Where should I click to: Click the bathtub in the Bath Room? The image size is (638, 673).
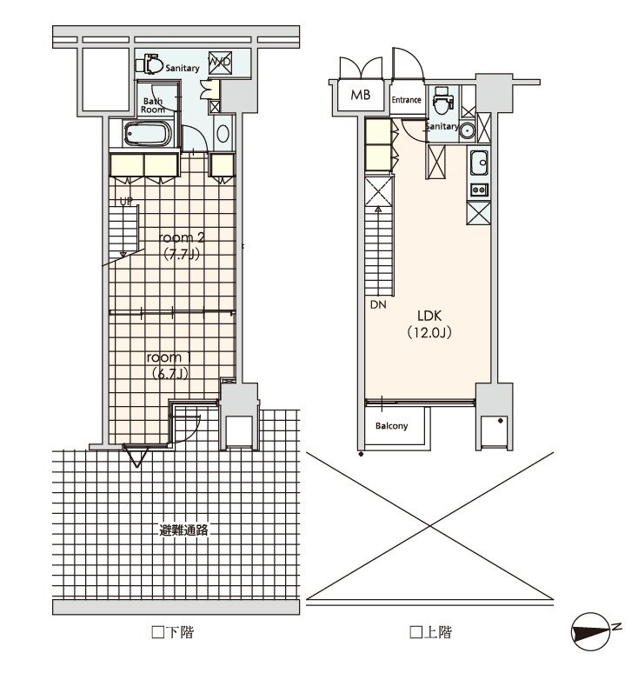[x=148, y=134]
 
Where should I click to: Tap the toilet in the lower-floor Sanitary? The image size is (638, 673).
[x=150, y=65]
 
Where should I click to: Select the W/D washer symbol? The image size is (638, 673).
[x=220, y=63]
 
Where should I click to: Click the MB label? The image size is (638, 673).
[x=360, y=95]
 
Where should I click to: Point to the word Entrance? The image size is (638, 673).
[x=406, y=100]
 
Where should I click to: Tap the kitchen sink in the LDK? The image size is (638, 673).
[x=479, y=163]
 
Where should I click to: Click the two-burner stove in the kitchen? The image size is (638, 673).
[x=479, y=190]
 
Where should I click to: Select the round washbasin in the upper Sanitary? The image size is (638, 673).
[x=467, y=131]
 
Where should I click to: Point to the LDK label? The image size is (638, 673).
[x=429, y=316]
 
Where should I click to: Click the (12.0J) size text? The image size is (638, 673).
[x=429, y=332]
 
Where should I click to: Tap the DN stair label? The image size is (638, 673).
[x=378, y=304]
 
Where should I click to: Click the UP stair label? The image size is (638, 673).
[x=126, y=202]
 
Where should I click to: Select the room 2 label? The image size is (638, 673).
[x=181, y=237]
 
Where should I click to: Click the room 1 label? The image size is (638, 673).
[x=169, y=357]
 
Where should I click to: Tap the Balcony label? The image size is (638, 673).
[x=391, y=426]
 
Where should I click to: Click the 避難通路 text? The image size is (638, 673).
[x=183, y=530]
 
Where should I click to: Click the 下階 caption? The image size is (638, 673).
[x=173, y=632]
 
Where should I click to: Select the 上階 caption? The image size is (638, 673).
[x=431, y=632]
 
